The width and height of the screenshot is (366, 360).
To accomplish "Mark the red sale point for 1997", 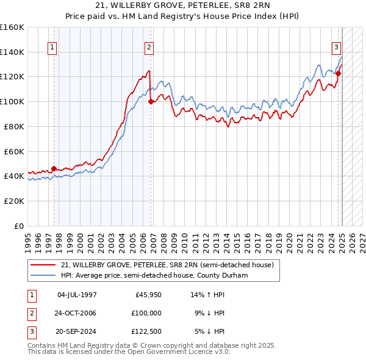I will (x=54, y=168).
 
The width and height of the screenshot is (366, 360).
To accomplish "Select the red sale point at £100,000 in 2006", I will (x=151, y=102).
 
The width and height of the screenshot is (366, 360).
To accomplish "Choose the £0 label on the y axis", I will (x=19, y=226).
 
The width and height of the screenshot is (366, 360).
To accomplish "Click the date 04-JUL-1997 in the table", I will (x=77, y=295).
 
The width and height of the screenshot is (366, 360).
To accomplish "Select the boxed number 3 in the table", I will (x=31, y=331).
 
